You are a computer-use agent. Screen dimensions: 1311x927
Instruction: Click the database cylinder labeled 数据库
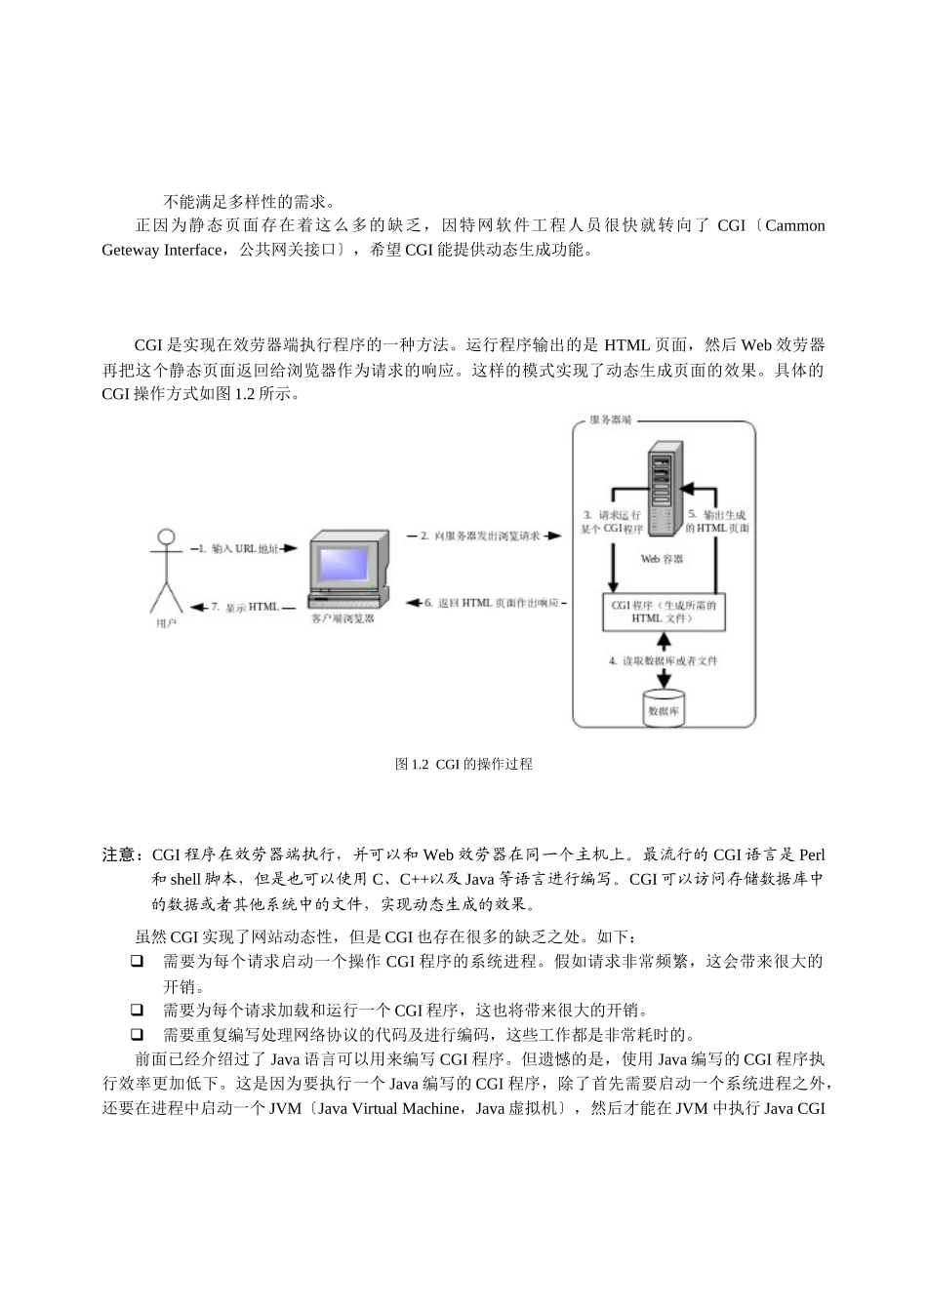pos(664,707)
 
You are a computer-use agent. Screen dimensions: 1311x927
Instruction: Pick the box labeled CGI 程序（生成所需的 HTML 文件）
pos(664,612)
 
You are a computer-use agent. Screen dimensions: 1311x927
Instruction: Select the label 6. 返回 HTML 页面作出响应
pos(491,603)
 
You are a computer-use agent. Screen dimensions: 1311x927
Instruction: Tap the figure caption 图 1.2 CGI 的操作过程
pos(463,765)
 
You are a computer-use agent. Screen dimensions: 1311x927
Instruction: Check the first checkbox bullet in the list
pos(138,962)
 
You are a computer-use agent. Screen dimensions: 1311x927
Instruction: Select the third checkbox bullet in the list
pos(138,1034)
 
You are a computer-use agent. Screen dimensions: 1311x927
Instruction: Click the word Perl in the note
pos(812,854)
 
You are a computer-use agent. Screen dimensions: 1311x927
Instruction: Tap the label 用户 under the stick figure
pos(167,622)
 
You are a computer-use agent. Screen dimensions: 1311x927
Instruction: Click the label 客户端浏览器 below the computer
pos(343,618)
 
